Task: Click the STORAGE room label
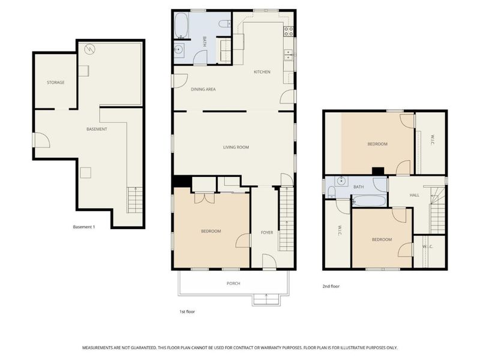[56, 82]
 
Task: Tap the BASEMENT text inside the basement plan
[97, 129]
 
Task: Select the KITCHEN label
[262, 72]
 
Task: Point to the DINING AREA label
[203, 89]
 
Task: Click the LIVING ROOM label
[236, 147]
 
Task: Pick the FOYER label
[267, 232]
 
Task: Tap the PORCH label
[233, 283]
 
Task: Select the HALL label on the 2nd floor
[414, 195]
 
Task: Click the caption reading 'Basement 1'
[84, 227]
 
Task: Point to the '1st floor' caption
[187, 311]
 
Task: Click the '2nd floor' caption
[331, 286]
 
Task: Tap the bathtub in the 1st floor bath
[182, 26]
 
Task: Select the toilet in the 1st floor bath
[224, 24]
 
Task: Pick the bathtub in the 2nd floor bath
[369, 200]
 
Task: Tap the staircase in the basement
[135, 200]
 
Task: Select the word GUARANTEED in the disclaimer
[140, 348]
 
